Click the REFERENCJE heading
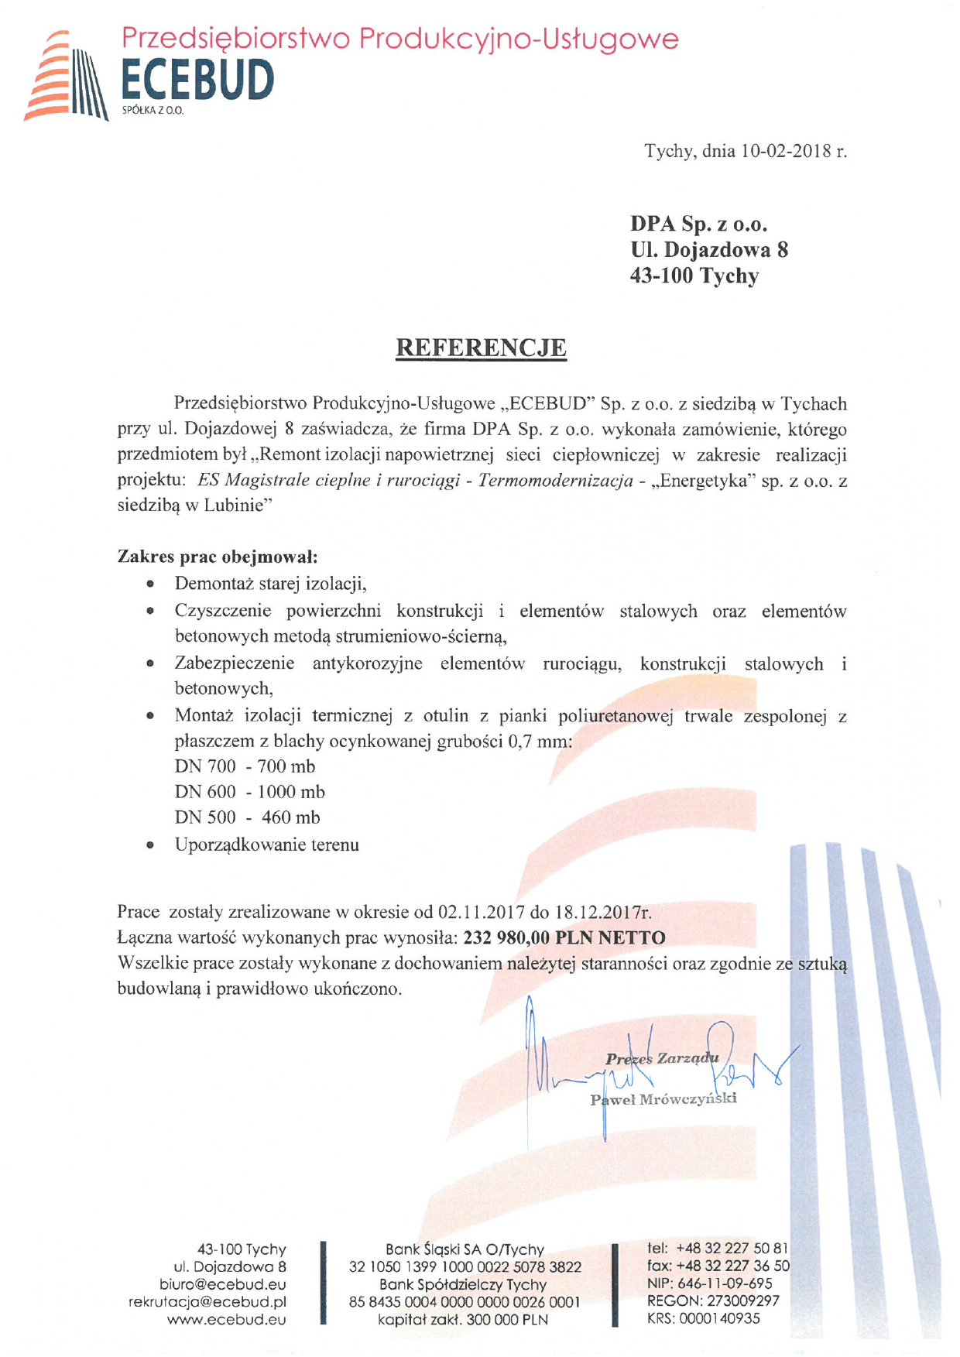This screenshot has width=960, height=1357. [x=481, y=348]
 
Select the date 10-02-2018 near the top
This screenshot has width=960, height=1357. [x=786, y=151]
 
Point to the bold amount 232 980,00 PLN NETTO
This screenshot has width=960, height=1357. [x=564, y=938]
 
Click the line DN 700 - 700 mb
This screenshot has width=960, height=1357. [x=245, y=766]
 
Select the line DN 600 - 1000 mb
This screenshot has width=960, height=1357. [x=249, y=792]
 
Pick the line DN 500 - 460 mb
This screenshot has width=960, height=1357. [x=247, y=817]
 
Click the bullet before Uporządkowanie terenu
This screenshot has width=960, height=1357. [x=150, y=845]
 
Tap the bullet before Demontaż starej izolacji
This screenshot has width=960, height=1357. [x=150, y=584]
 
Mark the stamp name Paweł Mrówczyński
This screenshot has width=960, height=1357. [x=663, y=1099]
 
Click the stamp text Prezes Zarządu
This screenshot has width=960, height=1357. [x=662, y=1058]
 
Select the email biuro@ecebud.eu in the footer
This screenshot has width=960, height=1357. [x=223, y=1284]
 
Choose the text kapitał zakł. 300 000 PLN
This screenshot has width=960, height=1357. [x=463, y=1320]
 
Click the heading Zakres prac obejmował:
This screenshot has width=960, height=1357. [x=218, y=557]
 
